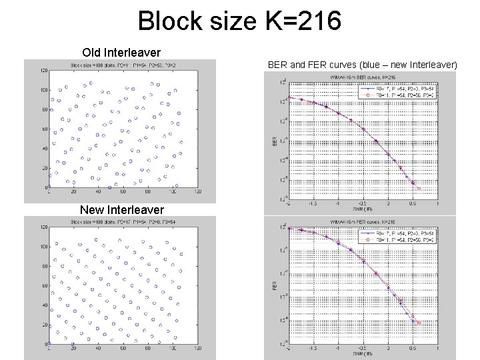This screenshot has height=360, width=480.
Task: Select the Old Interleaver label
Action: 121,52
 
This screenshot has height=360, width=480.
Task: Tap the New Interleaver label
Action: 122,209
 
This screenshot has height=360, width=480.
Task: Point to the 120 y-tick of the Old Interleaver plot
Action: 44,70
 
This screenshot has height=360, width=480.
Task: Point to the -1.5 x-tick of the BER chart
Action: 312,205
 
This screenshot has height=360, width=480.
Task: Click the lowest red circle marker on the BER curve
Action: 419,189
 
